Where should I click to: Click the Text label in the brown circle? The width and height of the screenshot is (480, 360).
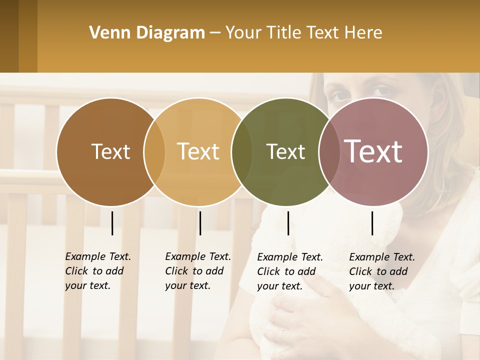click(x=110, y=151)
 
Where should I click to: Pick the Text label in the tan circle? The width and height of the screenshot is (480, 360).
click(x=198, y=151)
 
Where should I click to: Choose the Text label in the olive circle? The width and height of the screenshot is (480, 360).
click(x=286, y=152)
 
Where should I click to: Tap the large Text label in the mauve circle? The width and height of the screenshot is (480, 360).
click(x=373, y=151)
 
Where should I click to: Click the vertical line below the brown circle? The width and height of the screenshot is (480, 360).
click(x=112, y=223)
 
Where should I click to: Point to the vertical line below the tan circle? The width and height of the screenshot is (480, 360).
click(x=200, y=223)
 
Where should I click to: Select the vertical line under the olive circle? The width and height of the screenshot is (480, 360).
click(x=288, y=223)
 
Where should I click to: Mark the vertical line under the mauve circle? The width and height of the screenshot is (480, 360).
click(x=372, y=223)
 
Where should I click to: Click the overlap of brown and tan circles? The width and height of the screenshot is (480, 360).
click(x=154, y=152)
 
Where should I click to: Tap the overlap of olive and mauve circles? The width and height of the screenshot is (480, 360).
click(x=327, y=152)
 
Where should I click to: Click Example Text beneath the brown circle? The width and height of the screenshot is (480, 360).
click(x=98, y=257)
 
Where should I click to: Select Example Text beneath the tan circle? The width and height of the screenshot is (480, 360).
click(x=198, y=257)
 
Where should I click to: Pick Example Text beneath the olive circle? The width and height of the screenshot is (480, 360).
click(x=290, y=257)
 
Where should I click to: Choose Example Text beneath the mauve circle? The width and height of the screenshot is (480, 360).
click(x=382, y=257)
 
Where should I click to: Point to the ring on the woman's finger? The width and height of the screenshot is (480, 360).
click(x=283, y=336)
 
